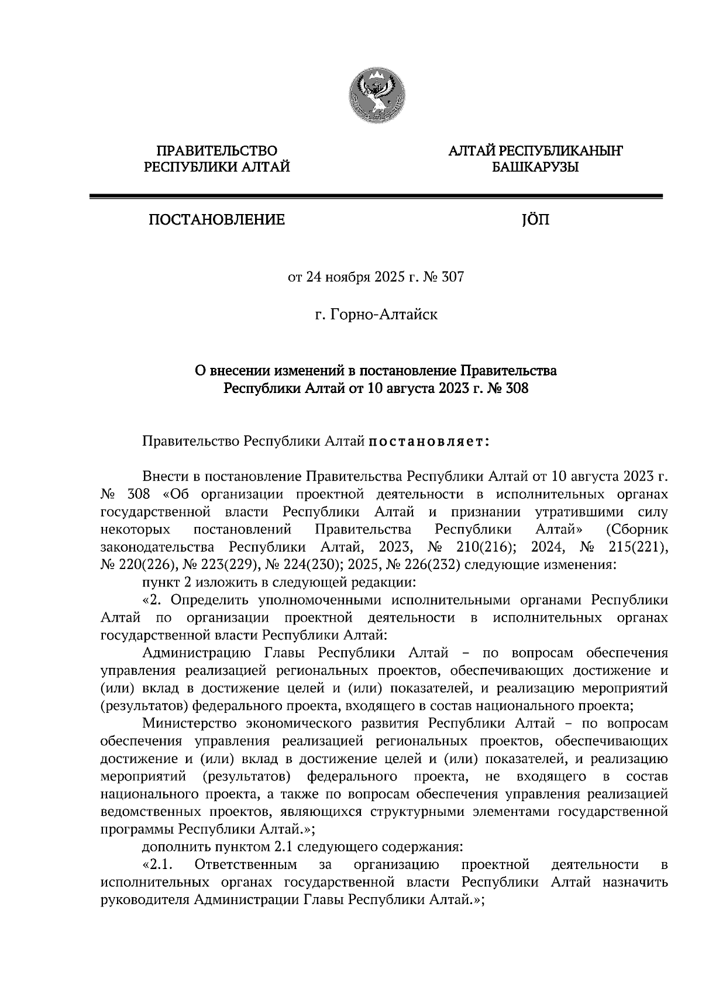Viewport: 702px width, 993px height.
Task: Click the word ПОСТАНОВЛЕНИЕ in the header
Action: click(216, 220)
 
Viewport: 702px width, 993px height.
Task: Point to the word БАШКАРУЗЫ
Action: click(535, 168)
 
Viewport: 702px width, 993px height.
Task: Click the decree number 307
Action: click(453, 277)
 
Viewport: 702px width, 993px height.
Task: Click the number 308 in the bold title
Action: click(516, 388)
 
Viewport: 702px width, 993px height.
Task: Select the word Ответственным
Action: click(245, 864)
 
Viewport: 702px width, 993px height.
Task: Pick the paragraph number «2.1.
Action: click(157, 864)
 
